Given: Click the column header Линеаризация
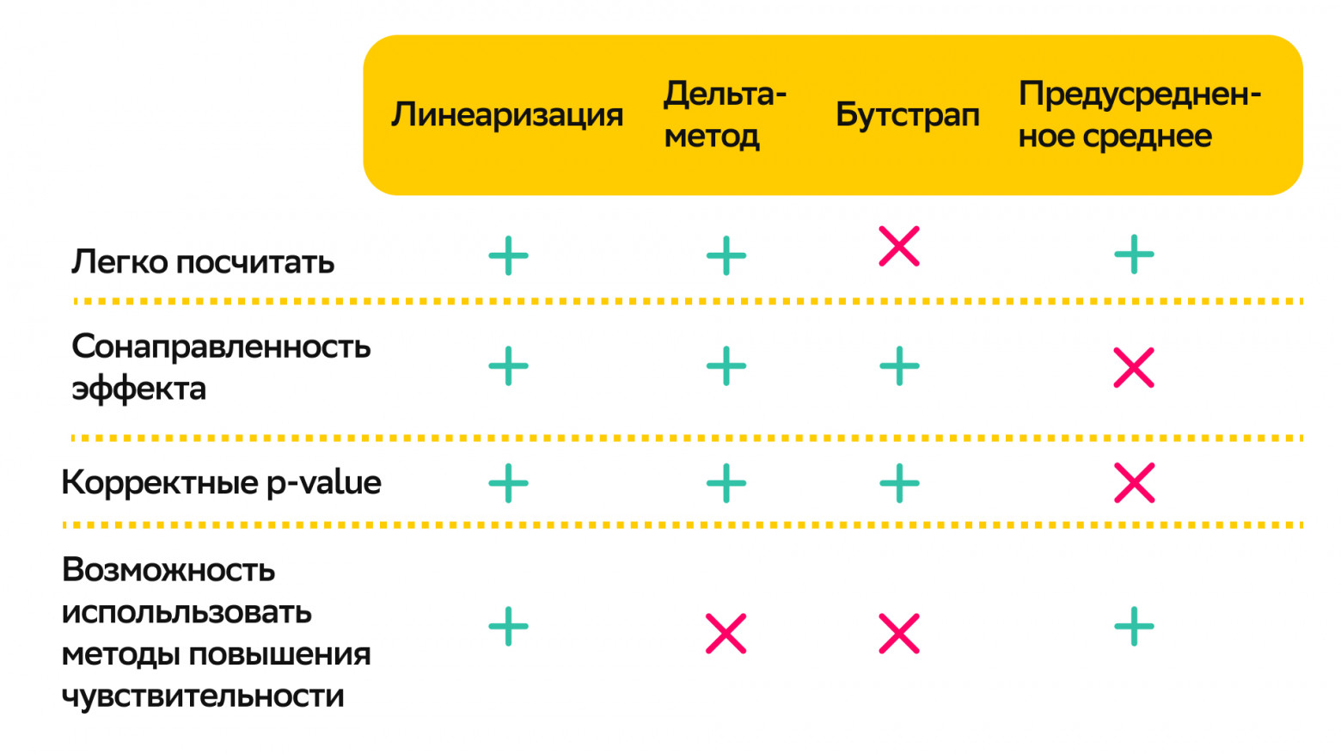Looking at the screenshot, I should click(x=507, y=115).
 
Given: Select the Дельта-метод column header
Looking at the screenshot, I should click(x=725, y=115).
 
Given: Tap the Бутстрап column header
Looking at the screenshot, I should click(x=907, y=115).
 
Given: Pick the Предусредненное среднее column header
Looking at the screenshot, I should click(x=1138, y=115).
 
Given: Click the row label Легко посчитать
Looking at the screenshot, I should click(x=203, y=261).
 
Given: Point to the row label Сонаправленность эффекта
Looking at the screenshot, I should click(x=220, y=367).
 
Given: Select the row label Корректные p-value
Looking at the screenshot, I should click(x=221, y=482).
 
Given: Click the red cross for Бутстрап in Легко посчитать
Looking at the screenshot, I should click(x=899, y=247).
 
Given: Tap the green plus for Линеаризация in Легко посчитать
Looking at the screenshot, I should click(x=508, y=255).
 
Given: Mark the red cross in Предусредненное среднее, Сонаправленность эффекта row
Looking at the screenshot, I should click(x=1134, y=368).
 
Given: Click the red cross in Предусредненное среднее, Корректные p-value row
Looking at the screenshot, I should click(x=1134, y=483).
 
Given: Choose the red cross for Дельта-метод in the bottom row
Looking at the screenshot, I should click(x=726, y=634).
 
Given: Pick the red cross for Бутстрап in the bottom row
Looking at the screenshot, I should click(x=899, y=634).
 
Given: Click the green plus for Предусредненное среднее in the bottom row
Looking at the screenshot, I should click(x=1134, y=627).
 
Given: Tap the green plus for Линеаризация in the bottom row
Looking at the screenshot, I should click(x=508, y=627).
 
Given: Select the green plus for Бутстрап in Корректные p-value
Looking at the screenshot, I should click(x=899, y=483).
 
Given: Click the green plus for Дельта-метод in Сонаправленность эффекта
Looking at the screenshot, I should click(x=726, y=366).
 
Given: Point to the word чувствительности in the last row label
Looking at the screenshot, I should click(x=203, y=696).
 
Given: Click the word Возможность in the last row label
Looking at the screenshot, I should click(x=168, y=570).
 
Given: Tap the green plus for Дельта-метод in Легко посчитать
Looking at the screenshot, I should click(x=726, y=255).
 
